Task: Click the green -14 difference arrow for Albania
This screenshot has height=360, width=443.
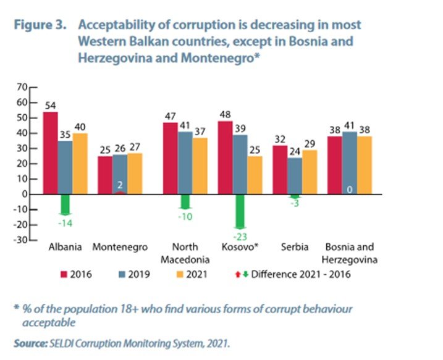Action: (66, 204)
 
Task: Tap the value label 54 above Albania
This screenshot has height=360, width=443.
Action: (50, 105)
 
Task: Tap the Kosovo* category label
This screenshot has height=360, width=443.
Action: (240, 248)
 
